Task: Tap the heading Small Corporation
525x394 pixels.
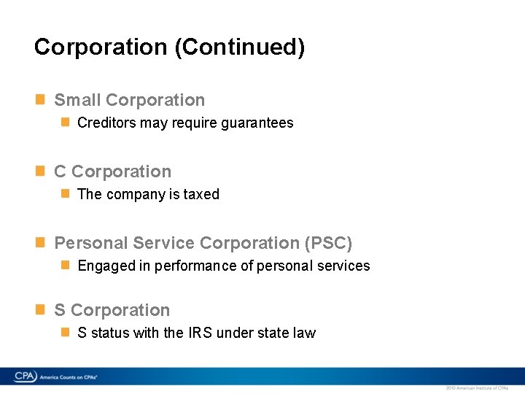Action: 130,101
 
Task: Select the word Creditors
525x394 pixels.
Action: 106,123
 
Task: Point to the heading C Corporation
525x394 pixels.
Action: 113,172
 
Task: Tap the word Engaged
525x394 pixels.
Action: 105,266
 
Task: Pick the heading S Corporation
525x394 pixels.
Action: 112,311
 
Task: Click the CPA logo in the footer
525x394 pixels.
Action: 26,376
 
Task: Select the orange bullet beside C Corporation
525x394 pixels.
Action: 41,171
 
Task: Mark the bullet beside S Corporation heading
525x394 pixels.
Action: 41,309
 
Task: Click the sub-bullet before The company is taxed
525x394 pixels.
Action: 66,193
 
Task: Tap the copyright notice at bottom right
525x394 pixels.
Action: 476,387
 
